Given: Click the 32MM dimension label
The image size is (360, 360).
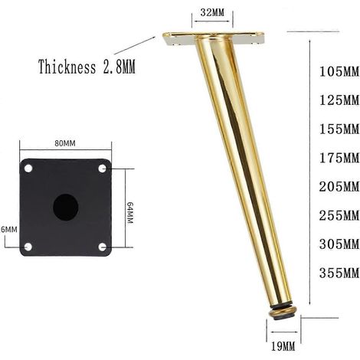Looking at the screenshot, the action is click(x=212, y=12).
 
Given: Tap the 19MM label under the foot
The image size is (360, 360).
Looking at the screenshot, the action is click(x=283, y=347).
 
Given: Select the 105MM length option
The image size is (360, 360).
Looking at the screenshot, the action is click(x=339, y=71).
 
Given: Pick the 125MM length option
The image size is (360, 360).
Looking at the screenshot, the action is click(x=339, y=100).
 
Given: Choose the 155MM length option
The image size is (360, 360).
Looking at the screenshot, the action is click(x=339, y=129).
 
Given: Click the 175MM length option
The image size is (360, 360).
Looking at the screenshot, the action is click(x=339, y=158).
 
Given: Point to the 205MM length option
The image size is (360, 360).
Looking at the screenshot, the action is click(x=339, y=187).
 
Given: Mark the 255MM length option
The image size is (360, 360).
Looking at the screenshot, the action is click(x=339, y=216).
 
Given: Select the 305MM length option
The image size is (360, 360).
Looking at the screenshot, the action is click(x=339, y=244).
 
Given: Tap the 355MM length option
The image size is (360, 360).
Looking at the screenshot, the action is click(x=339, y=273).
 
